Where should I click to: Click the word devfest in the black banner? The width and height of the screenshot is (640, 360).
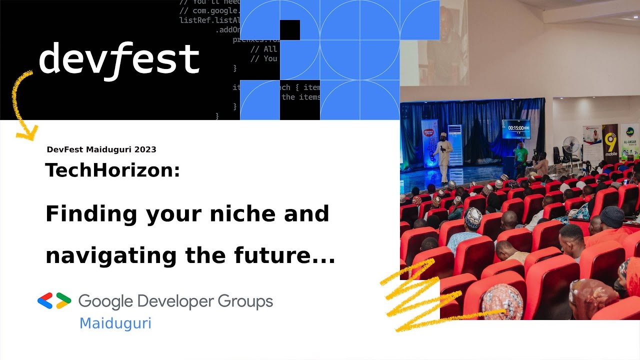(x=119, y=59)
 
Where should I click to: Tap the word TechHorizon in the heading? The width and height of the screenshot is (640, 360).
(x=112, y=170)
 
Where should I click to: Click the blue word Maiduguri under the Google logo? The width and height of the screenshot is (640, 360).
(x=115, y=323)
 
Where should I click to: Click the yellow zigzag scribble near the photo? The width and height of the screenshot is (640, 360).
(x=415, y=300)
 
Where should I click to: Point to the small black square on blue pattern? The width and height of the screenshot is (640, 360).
(x=289, y=30)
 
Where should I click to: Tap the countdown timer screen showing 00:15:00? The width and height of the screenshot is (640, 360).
(x=516, y=128)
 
